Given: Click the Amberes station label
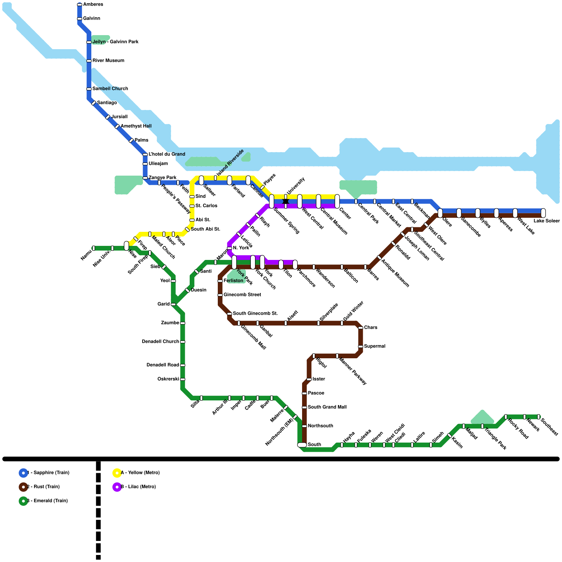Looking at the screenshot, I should point(93,5).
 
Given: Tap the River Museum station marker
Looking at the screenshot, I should point(89,61).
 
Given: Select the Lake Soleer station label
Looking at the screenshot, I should point(547,221).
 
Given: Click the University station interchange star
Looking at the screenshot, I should point(286,201).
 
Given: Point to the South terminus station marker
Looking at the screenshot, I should point(302,445).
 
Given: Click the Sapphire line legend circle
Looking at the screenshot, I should point(23,473).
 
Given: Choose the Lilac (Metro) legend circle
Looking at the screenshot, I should point(117,487).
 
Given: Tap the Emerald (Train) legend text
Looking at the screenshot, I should point(49,501).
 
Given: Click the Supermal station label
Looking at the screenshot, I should point(374,346).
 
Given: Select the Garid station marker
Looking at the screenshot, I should point(173,304).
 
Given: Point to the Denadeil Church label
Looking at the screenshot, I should point(160,341).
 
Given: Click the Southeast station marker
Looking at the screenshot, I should point(538,417).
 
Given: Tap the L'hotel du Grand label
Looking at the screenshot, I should point(167,154).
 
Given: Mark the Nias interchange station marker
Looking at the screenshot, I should point(126,246).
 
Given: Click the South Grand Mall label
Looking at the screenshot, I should point(327,407).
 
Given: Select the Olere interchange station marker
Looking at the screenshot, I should point(440,213).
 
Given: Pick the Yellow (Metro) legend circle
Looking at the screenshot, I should point(117,473).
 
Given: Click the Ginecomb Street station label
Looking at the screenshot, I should point(242,295).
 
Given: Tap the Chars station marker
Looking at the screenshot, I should point(360,328).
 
